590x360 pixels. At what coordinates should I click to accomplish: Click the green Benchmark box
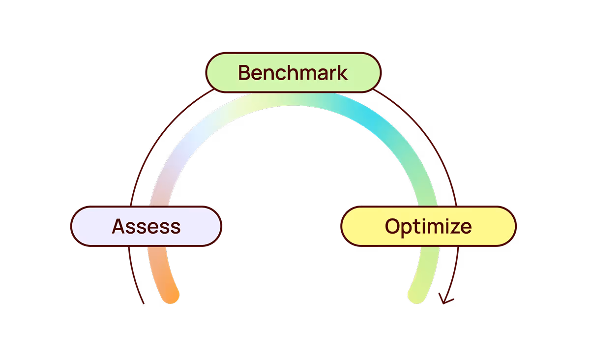pyautogui.click(x=293, y=72)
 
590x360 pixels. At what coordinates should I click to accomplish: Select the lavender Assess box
pyautogui.click(x=147, y=226)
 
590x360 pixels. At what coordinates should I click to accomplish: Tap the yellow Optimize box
pyautogui.click(x=428, y=226)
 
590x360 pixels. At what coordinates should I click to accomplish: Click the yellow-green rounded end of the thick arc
pyautogui.click(x=416, y=296)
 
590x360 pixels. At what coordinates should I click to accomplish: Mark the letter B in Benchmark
pyautogui.click(x=245, y=73)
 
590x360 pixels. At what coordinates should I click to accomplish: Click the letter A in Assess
pyautogui.click(x=118, y=226)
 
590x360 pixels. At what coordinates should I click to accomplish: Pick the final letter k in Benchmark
pyautogui.click(x=343, y=73)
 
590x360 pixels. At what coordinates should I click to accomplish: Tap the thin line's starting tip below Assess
pyautogui.click(x=143, y=303)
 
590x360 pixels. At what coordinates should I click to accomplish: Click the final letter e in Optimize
pyautogui.click(x=466, y=227)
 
